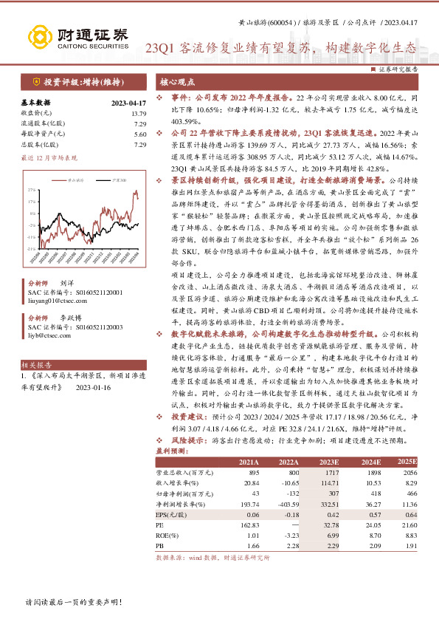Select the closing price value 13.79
[139, 114]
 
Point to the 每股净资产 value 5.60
[140, 134]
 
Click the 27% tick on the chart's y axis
[32, 189]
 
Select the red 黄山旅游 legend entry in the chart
[73, 179]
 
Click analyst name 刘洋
[66, 283]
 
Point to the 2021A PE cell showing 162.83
[250, 524]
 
